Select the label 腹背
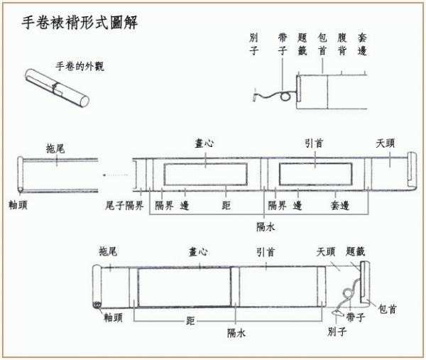(x=343, y=45)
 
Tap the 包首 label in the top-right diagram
(x=323, y=45)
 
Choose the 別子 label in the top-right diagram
(x=254, y=45)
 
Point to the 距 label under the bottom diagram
(x=190, y=321)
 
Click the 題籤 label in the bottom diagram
(x=355, y=252)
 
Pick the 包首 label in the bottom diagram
(x=388, y=310)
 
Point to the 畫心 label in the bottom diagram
(x=198, y=252)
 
